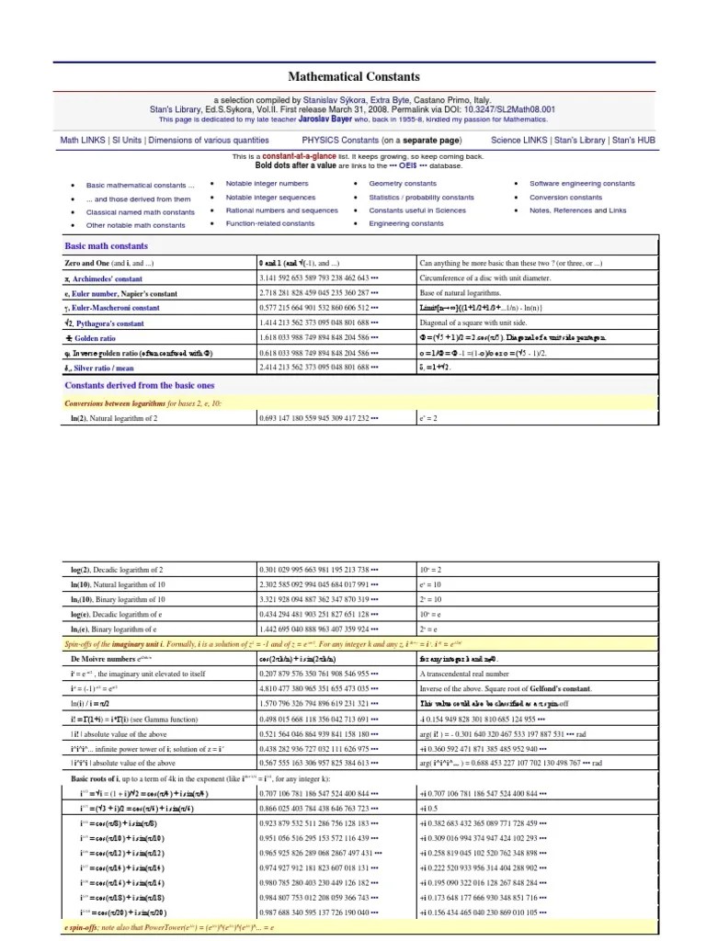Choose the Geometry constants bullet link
(403, 184)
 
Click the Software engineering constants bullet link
(581, 184)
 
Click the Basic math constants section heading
(106, 246)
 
